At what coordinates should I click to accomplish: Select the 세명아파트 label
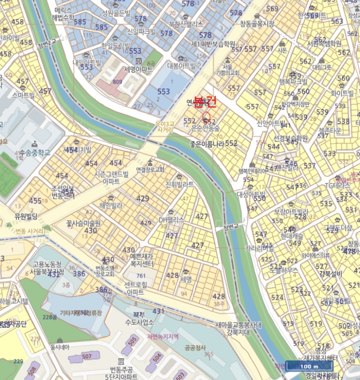pos(138,70)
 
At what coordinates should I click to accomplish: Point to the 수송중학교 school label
pos(37,154)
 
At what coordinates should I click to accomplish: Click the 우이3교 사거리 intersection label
pos(165,126)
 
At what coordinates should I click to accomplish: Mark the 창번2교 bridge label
pos(47,42)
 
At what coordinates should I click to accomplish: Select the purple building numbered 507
pos(87,357)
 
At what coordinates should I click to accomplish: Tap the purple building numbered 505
pos(132,340)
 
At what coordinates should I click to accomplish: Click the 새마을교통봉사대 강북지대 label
pos(238,328)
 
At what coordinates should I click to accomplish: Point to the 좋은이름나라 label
pos(206,144)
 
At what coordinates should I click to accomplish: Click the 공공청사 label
pos(193,347)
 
